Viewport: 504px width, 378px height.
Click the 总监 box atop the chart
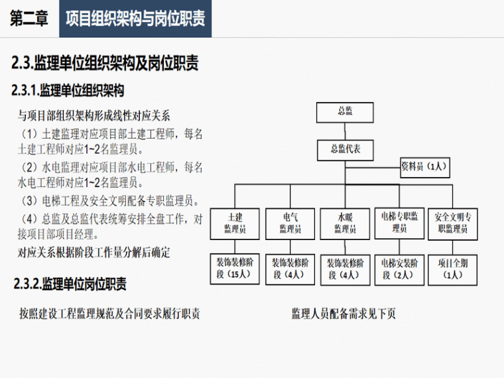pos(345,113)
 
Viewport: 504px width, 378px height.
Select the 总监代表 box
pos(346,150)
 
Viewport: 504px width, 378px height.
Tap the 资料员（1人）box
pos(425,167)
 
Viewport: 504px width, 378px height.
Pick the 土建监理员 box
pos(235,223)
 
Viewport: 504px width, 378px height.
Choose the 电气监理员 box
pos(290,223)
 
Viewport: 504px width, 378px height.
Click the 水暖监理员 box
pos(346,223)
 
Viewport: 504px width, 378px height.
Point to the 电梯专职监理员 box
pos(399,223)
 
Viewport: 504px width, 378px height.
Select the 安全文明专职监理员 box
pos(453,223)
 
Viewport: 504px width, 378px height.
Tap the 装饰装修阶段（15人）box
pos(235,269)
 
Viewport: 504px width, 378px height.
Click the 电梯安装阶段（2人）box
pos(399,270)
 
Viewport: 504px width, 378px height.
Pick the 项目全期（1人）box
pos(453,270)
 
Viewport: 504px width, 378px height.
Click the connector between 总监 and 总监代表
pos(346,131)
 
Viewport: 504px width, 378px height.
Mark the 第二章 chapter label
pos(29,19)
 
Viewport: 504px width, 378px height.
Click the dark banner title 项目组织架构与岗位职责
pos(135,19)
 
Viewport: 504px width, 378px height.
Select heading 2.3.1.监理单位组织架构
pos(68,90)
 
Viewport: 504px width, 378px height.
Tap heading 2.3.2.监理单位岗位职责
pos(70,284)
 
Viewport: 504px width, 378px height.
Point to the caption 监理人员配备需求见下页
pos(344,314)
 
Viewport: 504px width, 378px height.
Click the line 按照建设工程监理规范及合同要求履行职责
pos(109,314)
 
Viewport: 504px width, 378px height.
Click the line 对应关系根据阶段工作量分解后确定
pos(94,253)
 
